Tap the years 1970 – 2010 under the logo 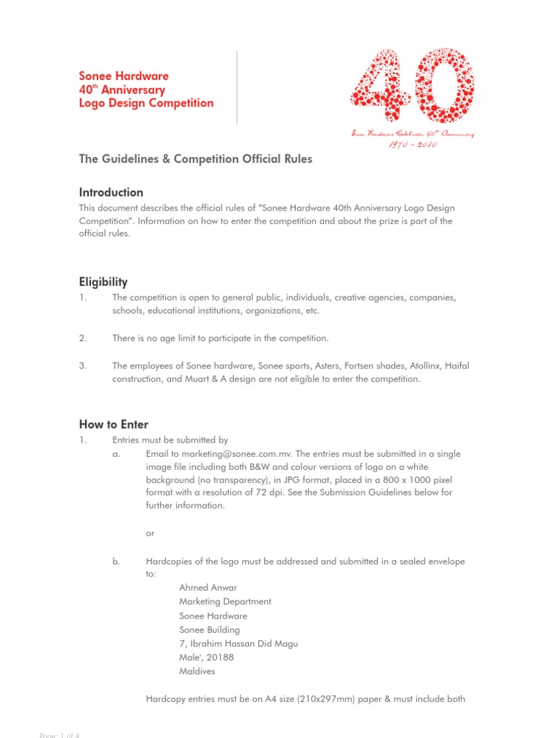click(412, 144)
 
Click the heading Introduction click(111, 192)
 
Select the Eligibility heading click(103, 282)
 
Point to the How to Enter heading click(113, 424)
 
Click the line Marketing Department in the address click(225, 601)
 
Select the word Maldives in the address click(197, 671)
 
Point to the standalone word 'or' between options click(150, 533)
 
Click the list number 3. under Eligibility click(83, 366)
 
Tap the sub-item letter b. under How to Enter click(117, 561)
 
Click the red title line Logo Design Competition click(146, 103)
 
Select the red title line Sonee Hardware click(124, 76)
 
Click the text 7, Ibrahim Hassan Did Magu click(238, 644)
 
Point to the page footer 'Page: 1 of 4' click(59, 734)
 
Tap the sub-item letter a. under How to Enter click(117, 454)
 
